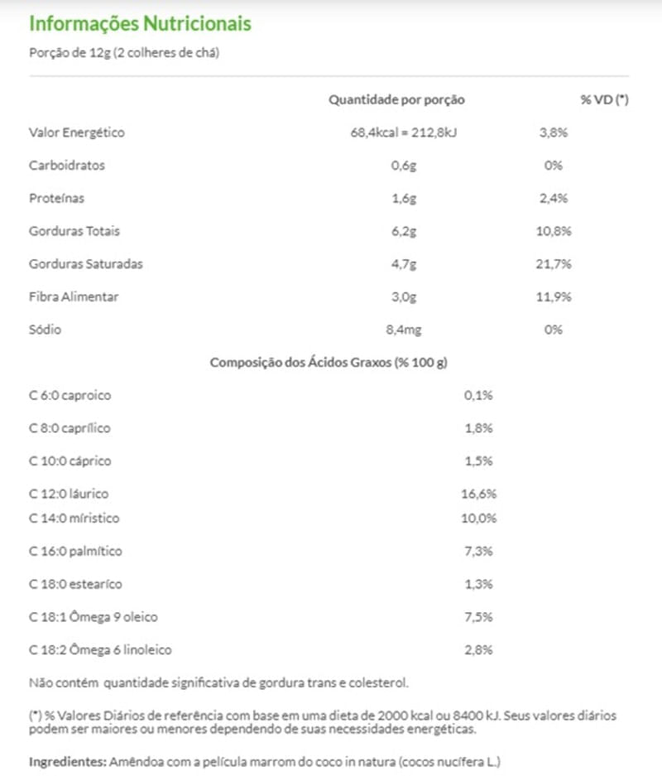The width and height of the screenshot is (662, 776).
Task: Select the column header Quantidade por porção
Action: tap(396, 99)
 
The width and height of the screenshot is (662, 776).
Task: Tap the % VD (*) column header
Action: tap(604, 99)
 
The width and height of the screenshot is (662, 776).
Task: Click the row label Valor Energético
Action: tap(77, 133)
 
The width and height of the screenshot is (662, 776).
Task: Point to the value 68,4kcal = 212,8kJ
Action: tap(403, 133)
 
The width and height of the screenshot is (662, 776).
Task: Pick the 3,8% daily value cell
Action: tap(554, 133)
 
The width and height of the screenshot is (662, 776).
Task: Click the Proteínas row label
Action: tap(56, 199)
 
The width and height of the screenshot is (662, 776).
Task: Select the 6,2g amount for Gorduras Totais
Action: tap(403, 231)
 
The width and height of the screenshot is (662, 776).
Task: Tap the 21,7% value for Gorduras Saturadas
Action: tap(554, 264)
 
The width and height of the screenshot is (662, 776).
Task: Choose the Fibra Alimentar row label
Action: tap(74, 296)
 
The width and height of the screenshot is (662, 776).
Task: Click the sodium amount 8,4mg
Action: tap(403, 330)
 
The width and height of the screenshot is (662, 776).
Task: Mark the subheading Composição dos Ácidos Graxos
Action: tap(329, 363)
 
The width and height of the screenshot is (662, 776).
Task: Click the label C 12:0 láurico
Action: tap(69, 494)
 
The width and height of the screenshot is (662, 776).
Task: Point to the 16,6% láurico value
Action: tap(478, 494)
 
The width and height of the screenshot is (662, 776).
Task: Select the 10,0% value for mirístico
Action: tap(478, 518)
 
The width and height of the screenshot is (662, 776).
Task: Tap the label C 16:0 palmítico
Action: tap(75, 551)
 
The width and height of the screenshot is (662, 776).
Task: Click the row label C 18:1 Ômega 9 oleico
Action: tap(94, 617)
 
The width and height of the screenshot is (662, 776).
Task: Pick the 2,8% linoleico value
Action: tap(478, 650)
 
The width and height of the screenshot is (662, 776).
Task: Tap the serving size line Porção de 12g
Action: tap(123, 52)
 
